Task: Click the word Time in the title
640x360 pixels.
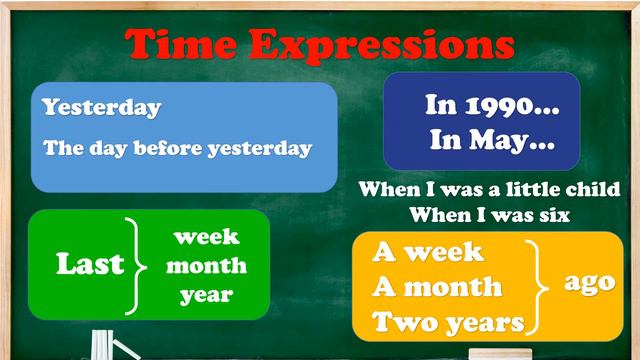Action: [x=183, y=44]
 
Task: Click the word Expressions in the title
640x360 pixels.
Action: [x=384, y=45]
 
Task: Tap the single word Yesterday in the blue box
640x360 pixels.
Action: [x=102, y=107]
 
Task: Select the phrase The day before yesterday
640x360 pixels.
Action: [x=178, y=148]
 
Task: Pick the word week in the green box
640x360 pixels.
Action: [x=206, y=237]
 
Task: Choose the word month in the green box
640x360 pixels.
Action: [x=206, y=266]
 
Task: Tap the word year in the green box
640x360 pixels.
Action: [x=206, y=295]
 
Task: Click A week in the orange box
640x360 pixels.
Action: [x=428, y=252]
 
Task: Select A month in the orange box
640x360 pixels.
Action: [x=437, y=287]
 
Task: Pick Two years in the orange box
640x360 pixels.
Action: [x=448, y=322]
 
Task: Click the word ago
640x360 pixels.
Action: [x=589, y=282]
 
